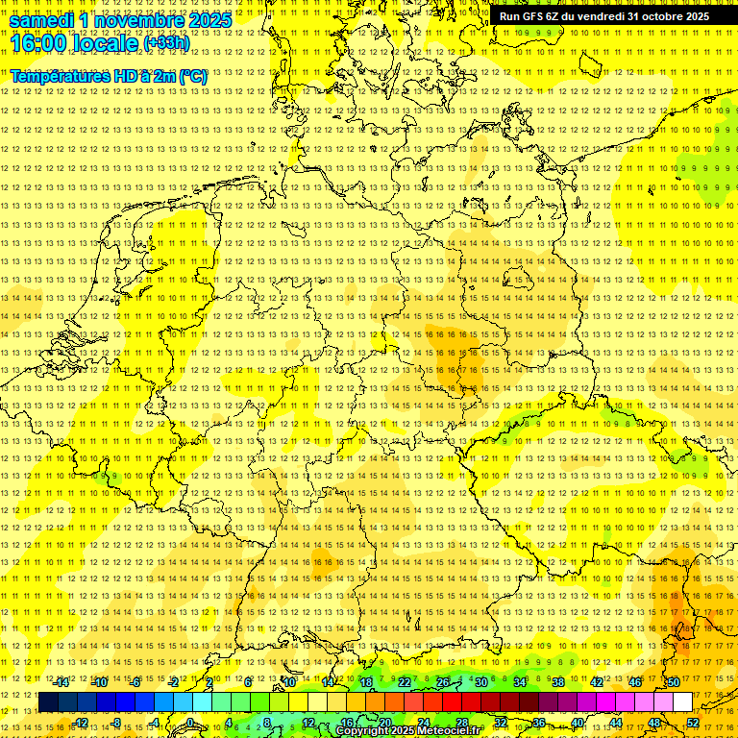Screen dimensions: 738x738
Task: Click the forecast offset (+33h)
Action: coord(166,43)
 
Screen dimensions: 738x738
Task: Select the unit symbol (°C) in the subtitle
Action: coord(193,76)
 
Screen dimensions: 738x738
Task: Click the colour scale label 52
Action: coord(693,723)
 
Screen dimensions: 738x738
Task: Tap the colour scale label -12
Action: coord(80,723)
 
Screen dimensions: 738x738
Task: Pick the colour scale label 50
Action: coord(674,682)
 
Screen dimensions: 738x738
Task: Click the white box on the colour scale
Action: coord(683,702)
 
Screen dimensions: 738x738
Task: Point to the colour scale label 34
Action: coord(520,682)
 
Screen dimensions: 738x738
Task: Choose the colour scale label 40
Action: coord(578,723)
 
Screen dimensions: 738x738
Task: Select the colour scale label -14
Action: coord(61,682)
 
